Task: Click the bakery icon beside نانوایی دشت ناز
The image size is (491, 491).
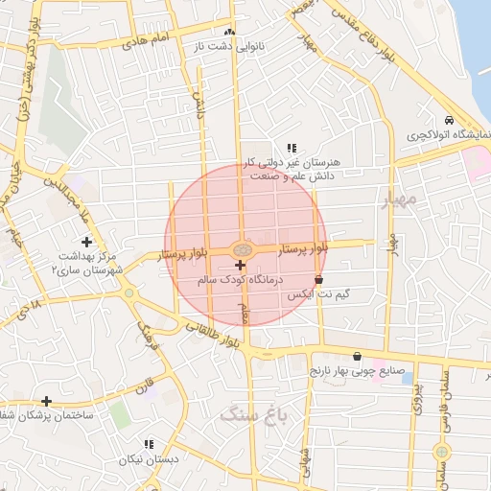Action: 229,33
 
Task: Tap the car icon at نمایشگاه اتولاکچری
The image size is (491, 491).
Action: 450,122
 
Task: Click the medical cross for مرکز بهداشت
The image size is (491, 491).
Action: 86,242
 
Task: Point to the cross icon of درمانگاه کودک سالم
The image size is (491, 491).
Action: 239,264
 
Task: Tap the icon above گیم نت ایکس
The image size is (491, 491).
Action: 332,280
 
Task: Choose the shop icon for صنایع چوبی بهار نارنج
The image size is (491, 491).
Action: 357,355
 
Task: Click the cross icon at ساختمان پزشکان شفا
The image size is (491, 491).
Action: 46,400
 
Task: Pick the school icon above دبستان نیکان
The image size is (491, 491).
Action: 148,444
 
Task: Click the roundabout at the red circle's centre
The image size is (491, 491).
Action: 241,250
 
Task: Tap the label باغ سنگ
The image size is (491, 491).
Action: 247,413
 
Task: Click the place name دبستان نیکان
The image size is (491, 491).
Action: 150,459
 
